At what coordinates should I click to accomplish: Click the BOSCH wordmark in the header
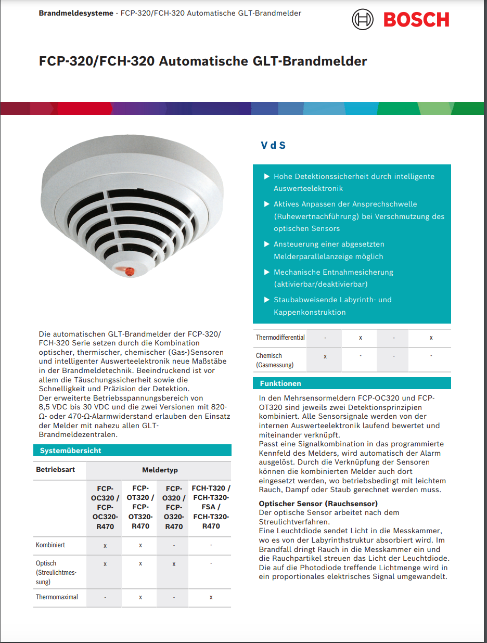416,20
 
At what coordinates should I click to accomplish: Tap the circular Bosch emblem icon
363,20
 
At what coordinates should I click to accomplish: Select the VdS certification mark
273,145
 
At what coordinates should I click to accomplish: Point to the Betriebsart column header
56,470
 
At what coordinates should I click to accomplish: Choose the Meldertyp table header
160,470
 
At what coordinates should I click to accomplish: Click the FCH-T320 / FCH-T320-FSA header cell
211,507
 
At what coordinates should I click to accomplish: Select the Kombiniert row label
50,545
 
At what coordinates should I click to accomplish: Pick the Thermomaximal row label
57,597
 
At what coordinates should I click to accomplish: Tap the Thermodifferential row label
280,338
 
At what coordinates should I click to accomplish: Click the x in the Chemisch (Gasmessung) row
325,356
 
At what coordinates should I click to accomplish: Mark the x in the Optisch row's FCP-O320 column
174,564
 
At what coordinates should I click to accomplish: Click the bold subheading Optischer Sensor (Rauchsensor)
318,504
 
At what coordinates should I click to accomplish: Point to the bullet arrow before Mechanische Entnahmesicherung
267,272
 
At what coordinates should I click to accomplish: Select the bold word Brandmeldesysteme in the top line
76,13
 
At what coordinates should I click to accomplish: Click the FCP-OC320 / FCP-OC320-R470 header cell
105,507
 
